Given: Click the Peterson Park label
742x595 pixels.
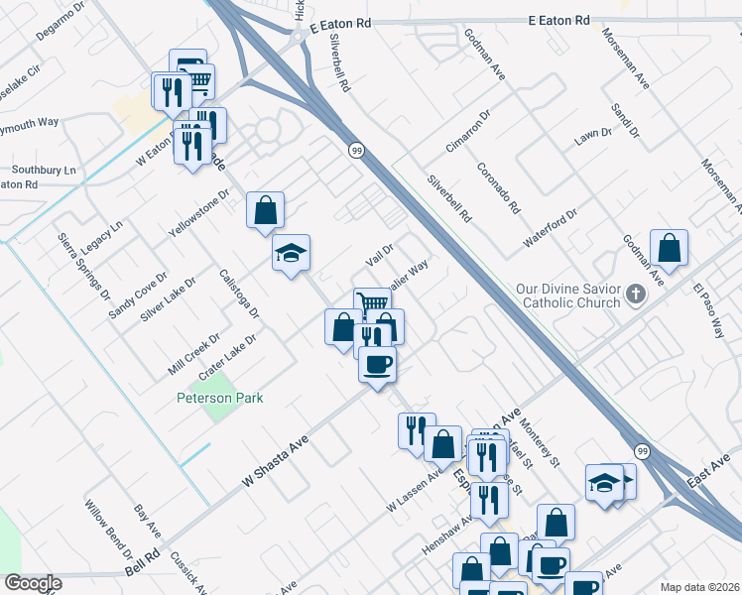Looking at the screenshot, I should pos(219,398).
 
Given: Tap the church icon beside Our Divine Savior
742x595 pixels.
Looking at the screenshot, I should pos(637,295).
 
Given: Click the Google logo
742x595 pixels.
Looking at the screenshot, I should pos(33,583).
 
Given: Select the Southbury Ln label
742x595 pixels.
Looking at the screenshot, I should pos(44,170).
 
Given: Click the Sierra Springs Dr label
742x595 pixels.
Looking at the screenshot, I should pos(82,267).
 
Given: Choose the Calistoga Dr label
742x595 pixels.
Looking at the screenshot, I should pos(239,294).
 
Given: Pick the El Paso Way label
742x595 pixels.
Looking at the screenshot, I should pos(709,312).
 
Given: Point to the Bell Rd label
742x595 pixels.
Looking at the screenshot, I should pos(143,566).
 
